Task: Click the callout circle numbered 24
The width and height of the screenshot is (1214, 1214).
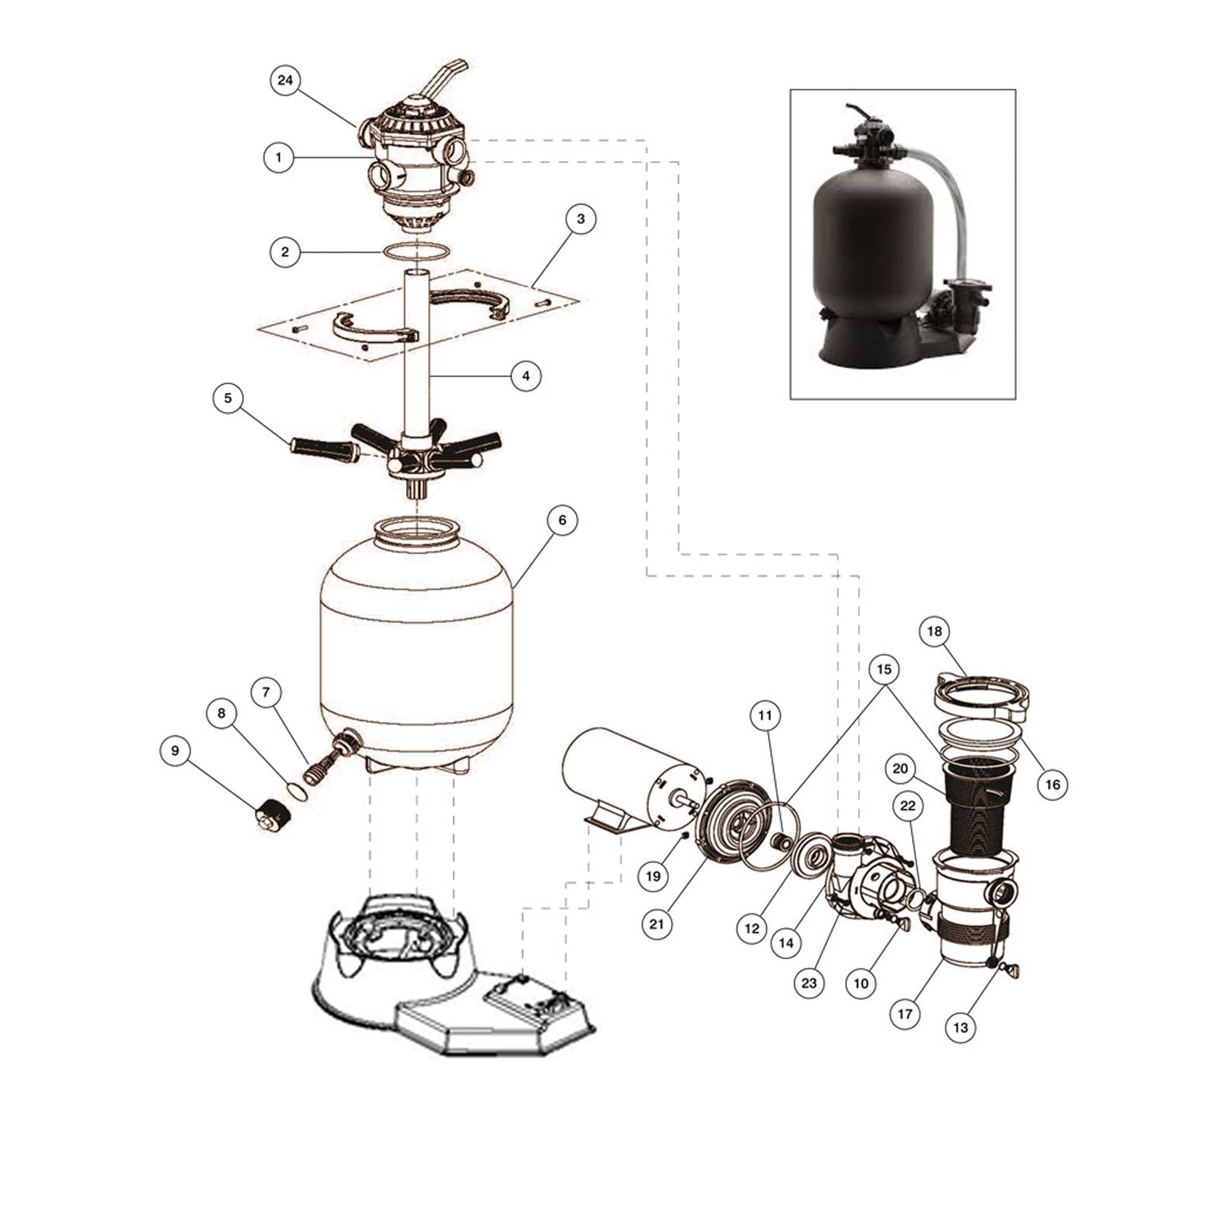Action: tap(285, 80)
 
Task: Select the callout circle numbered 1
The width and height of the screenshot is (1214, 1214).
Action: tap(278, 158)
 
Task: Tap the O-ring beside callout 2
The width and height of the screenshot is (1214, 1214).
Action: tap(417, 250)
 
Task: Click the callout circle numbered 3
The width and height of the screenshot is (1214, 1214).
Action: tap(580, 219)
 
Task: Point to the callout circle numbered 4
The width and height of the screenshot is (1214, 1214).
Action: tap(526, 376)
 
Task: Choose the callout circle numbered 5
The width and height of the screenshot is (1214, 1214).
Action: tap(228, 398)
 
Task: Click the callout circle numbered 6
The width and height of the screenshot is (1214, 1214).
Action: tap(561, 521)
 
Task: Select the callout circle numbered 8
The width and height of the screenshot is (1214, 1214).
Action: tap(221, 713)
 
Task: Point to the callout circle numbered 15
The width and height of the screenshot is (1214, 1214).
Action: tap(884, 669)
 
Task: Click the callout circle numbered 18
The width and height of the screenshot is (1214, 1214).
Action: tap(934, 631)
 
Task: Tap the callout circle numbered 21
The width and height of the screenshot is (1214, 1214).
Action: tap(656, 924)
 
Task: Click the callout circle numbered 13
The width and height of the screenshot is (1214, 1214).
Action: tap(961, 1027)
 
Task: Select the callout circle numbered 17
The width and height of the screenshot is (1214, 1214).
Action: tap(905, 1014)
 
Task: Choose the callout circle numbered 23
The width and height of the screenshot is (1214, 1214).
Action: tap(810, 983)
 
